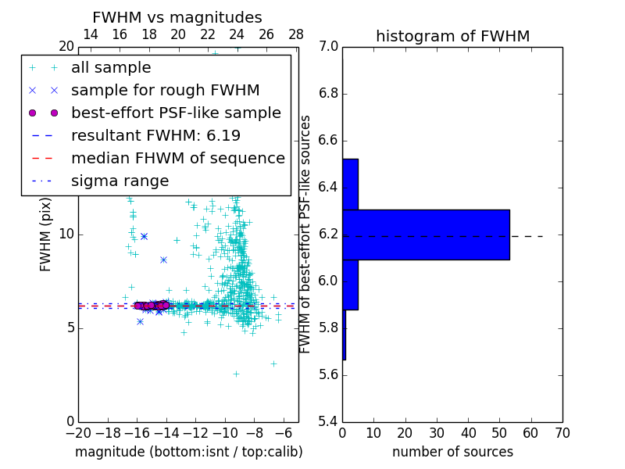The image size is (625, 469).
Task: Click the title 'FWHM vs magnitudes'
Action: (x=177, y=17)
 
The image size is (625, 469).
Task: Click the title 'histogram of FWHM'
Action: (x=452, y=36)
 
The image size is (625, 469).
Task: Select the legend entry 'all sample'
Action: (x=111, y=68)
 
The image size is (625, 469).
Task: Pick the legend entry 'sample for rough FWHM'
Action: (x=165, y=91)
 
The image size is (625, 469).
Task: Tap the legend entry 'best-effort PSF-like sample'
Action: (x=176, y=113)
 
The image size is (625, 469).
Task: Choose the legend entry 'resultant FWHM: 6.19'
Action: (x=155, y=136)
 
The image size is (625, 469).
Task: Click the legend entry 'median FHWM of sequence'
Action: (x=177, y=159)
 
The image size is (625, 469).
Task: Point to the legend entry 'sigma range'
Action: (x=120, y=181)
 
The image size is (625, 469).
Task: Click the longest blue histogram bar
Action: (x=426, y=234)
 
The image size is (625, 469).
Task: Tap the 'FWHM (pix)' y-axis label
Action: (x=46, y=234)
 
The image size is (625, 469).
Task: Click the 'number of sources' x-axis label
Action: (x=452, y=452)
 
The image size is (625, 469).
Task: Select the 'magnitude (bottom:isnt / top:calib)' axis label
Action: (x=188, y=452)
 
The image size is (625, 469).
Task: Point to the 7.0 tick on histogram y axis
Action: (x=329, y=47)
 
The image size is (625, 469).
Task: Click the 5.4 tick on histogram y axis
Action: (x=329, y=422)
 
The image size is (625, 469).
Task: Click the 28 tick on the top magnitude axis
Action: (x=296, y=34)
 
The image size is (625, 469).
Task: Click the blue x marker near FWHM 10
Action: (x=144, y=235)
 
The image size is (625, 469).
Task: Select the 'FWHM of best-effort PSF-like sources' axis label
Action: (x=305, y=234)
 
